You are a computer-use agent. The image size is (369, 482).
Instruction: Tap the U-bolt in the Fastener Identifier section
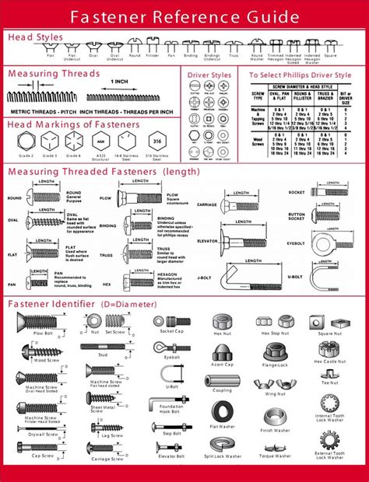pos(171,376)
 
